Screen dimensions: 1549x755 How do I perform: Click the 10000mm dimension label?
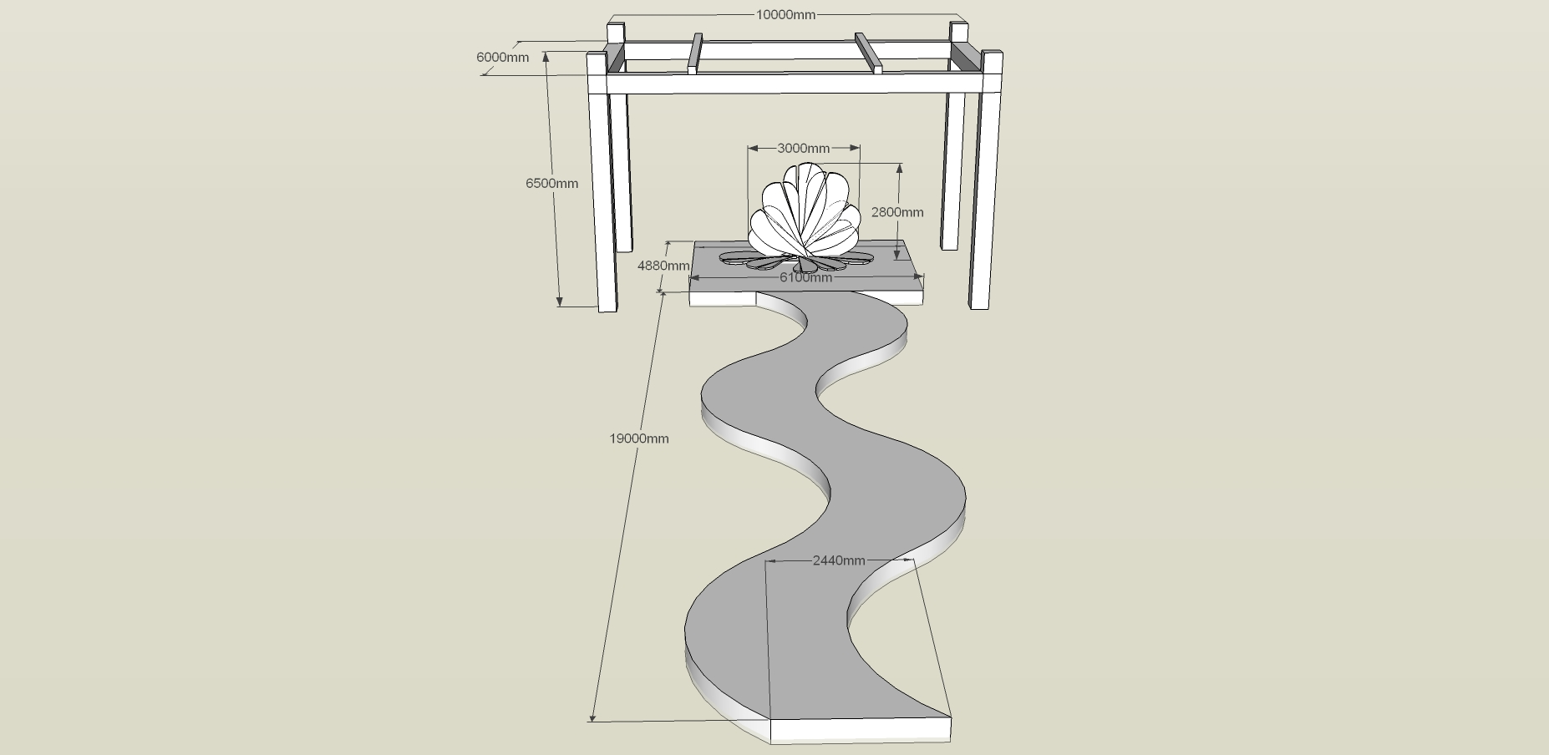(x=785, y=14)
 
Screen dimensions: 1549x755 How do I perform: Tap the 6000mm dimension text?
(x=502, y=57)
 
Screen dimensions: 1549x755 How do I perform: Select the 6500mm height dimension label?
(x=551, y=183)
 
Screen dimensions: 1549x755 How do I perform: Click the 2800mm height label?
(x=897, y=211)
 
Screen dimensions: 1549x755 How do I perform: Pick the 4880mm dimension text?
(x=663, y=266)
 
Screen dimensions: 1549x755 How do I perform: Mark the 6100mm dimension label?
(x=806, y=277)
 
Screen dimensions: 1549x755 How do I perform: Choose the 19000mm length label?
(x=639, y=438)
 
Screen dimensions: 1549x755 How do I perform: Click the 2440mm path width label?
(x=839, y=560)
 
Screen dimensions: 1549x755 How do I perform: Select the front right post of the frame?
(x=987, y=180)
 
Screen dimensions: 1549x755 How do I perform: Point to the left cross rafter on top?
(x=695, y=53)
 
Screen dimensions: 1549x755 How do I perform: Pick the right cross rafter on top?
(x=869, y=53)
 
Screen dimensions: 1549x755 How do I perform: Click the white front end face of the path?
(x=861, y=730)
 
